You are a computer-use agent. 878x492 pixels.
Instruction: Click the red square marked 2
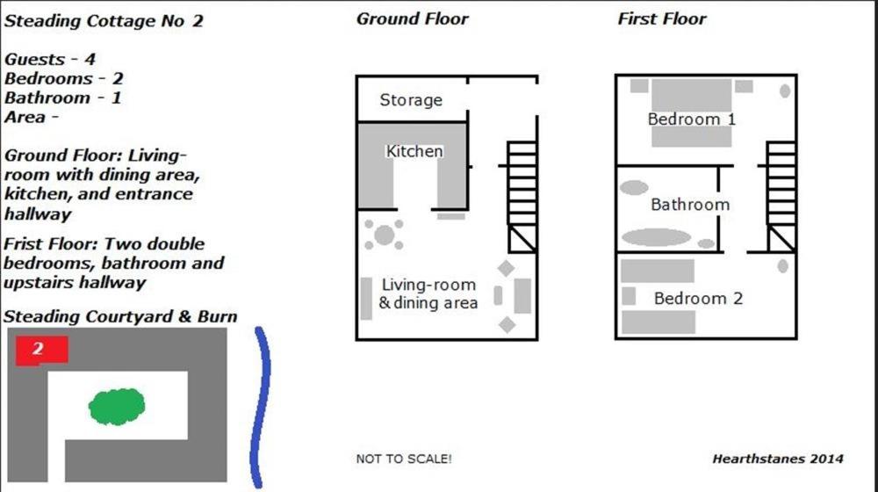42,351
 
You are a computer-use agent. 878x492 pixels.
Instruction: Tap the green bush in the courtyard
117,406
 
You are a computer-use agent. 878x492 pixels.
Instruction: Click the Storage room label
411,100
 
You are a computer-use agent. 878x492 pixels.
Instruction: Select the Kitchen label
414,151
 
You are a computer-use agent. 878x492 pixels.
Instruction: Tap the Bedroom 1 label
692,119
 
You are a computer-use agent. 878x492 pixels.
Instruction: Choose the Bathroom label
690,205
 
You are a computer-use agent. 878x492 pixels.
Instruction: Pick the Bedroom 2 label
698,298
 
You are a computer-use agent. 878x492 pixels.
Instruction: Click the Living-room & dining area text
428,293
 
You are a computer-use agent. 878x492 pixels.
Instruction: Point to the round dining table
385,235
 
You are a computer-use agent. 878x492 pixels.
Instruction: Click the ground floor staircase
522,197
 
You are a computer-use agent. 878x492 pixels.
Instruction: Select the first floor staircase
781,197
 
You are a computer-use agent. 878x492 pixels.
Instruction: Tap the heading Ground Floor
412,18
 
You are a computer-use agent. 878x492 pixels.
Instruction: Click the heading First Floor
662,18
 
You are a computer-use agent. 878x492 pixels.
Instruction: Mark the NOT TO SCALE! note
404,459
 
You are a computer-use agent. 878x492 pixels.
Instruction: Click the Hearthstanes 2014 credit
778,459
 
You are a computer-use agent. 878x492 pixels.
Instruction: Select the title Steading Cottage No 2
104,21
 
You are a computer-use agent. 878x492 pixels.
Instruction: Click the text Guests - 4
50,59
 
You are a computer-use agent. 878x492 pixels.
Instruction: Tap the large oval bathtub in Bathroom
656,237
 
